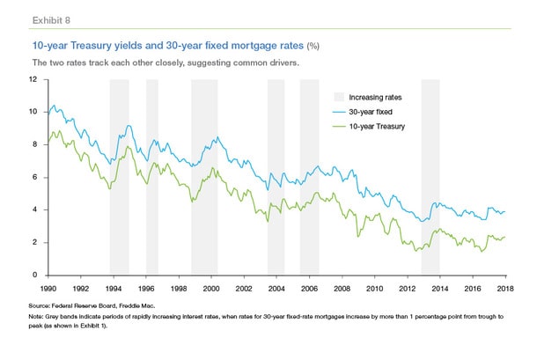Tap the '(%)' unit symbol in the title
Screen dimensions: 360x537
(313, 45)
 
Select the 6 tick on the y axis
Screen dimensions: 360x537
(33, 177)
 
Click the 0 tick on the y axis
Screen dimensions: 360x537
(33, 276)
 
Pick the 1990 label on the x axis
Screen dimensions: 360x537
(48, 288)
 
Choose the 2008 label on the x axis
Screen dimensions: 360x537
(342, 288)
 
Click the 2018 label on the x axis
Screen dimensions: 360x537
(505, 288)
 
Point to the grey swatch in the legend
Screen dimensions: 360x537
(337, 97)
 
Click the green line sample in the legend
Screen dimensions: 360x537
(337, 128)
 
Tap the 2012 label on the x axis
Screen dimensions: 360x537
(407, 288)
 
